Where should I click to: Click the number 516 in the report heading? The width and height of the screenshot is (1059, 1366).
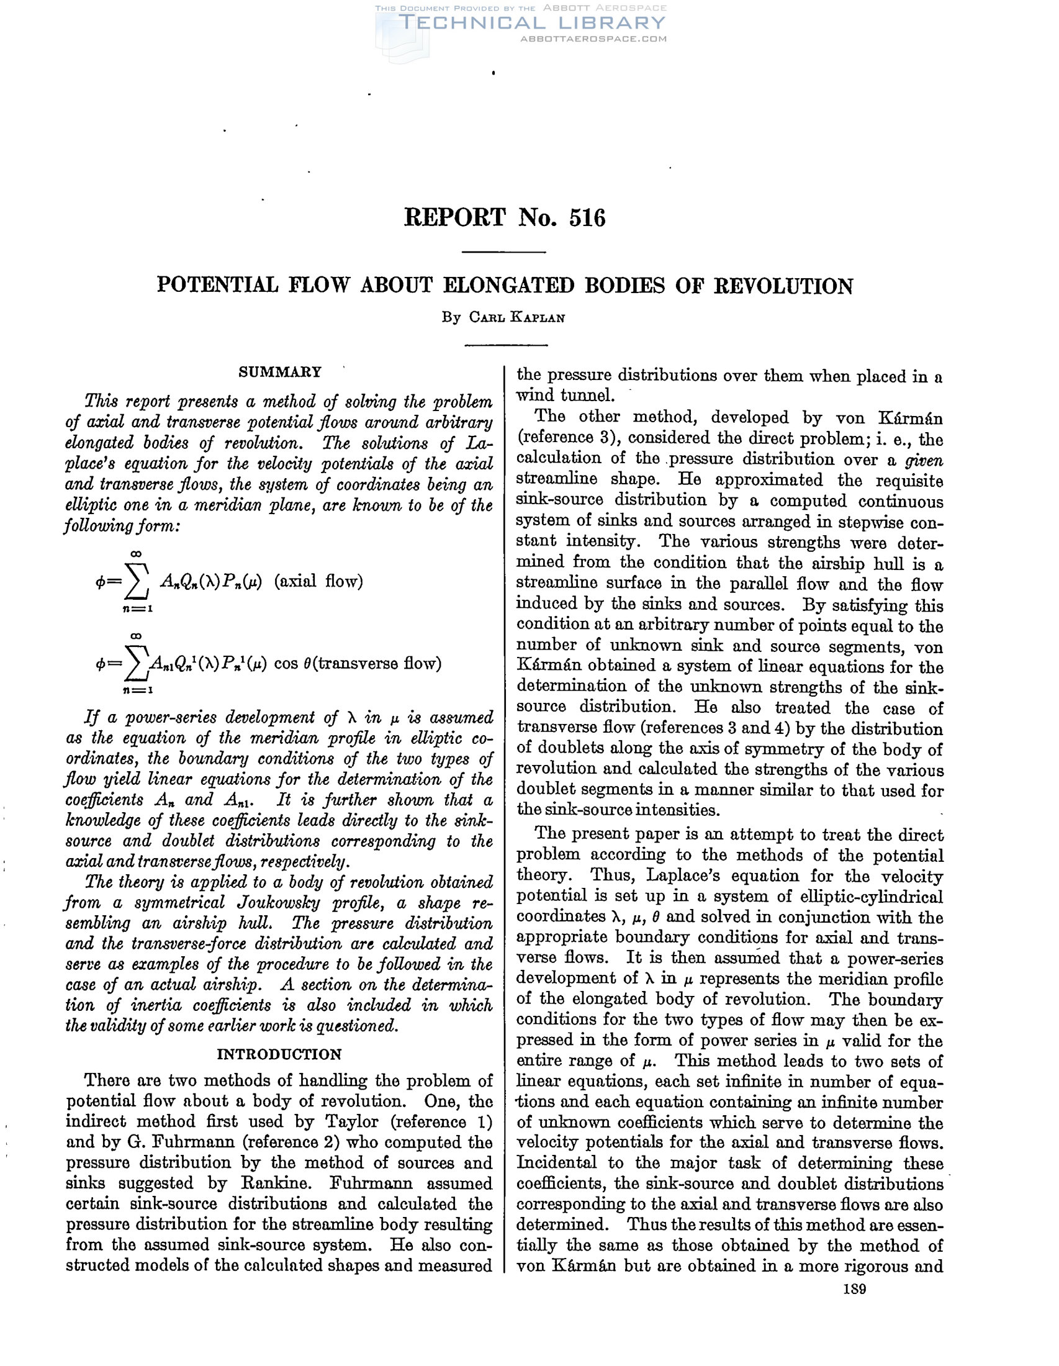tap(587, 219)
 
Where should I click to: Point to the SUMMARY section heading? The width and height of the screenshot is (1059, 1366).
tap(280, 372)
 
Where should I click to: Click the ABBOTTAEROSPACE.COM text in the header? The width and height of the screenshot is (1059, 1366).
tap(593, 38)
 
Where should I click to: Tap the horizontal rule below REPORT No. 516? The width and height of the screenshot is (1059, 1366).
tap(503, 252)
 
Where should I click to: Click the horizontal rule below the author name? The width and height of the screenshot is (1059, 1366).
tap(506, 345)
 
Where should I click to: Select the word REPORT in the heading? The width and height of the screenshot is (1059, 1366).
tap(454, 219)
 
